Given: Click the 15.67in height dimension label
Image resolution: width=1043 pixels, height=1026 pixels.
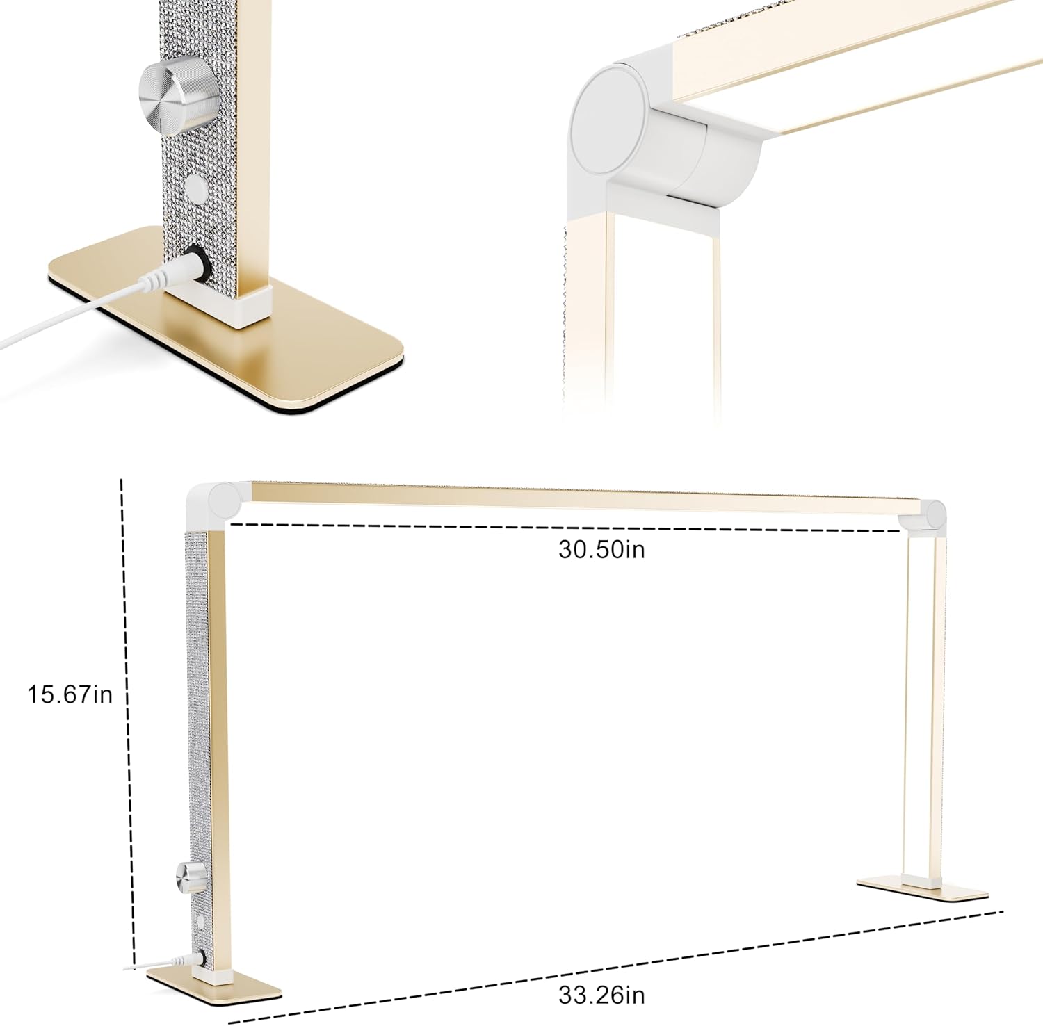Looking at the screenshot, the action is point(70,694).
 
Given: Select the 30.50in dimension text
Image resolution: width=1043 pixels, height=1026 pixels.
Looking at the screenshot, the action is point(601,549).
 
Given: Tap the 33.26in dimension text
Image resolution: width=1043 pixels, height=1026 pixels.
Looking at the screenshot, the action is point(601,995).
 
